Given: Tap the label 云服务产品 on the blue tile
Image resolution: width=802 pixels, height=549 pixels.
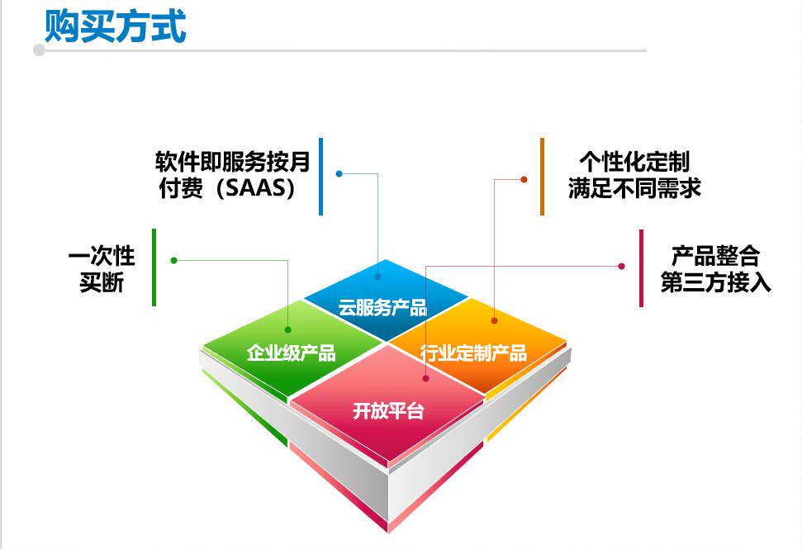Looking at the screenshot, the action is (x=382, y=308).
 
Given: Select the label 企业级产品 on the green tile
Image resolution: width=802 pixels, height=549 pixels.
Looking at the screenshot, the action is (x=291, y=353).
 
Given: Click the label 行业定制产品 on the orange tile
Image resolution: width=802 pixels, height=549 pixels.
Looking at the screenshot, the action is (x=473, y=353).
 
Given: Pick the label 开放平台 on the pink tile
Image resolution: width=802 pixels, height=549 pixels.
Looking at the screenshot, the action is (x=388, y=409).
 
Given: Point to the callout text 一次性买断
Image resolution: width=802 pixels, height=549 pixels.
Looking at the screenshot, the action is (x=102, y=268).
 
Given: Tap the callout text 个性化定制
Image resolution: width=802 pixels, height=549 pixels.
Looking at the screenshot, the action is (x=634, y=161).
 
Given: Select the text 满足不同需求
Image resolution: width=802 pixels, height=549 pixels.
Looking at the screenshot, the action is (x=634, y=188).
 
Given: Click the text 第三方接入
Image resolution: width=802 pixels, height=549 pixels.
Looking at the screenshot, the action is (x=715, y=282).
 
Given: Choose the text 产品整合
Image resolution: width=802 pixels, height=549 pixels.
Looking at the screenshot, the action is (x=715, y=255).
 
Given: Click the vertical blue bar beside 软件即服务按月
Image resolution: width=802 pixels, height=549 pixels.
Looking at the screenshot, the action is (x=320, y=176).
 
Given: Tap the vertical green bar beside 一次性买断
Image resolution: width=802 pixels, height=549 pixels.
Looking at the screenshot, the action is (x=154, y=267).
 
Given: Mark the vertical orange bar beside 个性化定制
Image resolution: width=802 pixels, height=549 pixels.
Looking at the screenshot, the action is (x=542, y=176).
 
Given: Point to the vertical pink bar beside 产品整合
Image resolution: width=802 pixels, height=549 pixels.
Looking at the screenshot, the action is (x=641, y=267).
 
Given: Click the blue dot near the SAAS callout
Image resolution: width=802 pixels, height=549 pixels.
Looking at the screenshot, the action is (x=339, y=173).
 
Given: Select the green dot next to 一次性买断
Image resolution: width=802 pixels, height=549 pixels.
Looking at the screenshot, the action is (x=173, y=260).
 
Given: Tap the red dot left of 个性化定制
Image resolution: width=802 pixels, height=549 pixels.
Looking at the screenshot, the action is (x=524, y=179).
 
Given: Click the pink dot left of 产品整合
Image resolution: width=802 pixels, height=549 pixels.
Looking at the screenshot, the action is (x=621, y=266).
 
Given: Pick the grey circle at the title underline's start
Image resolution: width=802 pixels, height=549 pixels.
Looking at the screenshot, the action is (x=39, y=50).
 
